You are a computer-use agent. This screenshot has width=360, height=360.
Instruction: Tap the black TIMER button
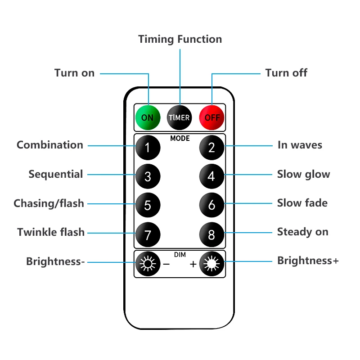pyautogui.click(x=179, y=117)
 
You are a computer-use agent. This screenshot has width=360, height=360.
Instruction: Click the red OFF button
pyautogui.click(x=211, y=117)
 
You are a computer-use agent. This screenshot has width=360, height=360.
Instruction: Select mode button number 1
pyautogui.click(x=148, y=147)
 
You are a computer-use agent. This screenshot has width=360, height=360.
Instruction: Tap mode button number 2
pyautogui.click(x=211, y=147)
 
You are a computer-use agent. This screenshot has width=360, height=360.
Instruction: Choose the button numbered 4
pyautogui.click(x=211, y=176)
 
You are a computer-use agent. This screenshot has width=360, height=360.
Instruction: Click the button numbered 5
pyautogui.click(x=148, y=205)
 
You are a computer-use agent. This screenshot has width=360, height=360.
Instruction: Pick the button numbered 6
pyautogui.click(x=211, y=205)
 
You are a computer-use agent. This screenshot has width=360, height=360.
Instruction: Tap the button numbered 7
pyautogui.click(x=148, y=234)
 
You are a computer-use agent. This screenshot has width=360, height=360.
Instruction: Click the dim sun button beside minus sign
pyautogui.click(x=147, y=264)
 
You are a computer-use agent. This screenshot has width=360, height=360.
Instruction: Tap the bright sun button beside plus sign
pyautogui.click(x=211, y=264)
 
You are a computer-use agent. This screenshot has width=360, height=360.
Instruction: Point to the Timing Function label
pyautogui.click(x=180, y=39)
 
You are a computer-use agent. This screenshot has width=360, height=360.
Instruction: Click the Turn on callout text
pyautogui.click(x=74, y=73)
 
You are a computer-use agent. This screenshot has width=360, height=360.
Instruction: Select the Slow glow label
pyautogui.click(x=303, y=174)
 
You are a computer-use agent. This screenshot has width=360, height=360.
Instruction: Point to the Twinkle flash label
pyautogui.click(x=51, y=232)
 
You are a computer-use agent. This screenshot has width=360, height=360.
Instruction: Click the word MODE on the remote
pyautogui.click(x=180, y=139)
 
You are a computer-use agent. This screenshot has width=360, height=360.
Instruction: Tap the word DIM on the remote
pyautogui.click(x=180, y=255)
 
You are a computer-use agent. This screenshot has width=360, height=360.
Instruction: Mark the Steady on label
pyautogui.click(x=302, y=232)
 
